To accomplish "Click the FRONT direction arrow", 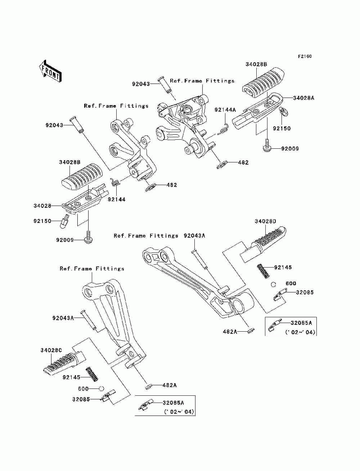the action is (50, 71).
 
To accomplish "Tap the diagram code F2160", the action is (305, 57).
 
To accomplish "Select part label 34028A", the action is (303, 98).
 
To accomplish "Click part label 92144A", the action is (225, 110).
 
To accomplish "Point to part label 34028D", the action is (265, 221).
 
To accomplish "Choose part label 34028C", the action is (51, 350).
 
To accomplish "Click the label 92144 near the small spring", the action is (117, 199).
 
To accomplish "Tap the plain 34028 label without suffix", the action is (42, 206).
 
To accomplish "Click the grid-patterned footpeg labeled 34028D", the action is (263, 244).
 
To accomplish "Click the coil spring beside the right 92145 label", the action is (263, 271).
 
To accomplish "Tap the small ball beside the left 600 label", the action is (102, 389).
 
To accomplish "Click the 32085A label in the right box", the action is (301, 323).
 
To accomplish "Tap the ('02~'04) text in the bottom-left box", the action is (179, 412).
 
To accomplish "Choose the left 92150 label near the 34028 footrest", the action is (42, 221).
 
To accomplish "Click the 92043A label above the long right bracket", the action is (194, 235).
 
